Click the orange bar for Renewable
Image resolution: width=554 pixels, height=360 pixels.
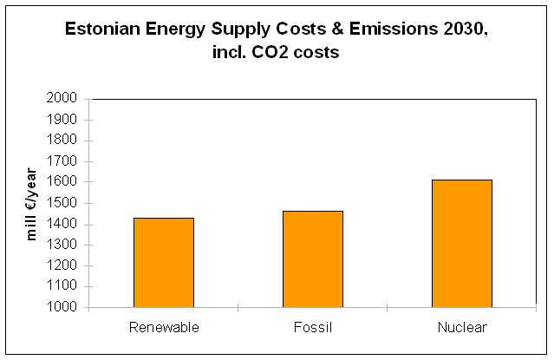(163, 262)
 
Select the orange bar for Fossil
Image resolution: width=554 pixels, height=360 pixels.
(312, 259)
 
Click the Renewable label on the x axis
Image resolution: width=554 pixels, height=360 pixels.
(164, 327)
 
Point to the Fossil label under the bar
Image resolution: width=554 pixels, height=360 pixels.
(313, 327)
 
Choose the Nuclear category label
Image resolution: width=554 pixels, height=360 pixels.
(462, 327)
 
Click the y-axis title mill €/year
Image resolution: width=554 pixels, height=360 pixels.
(32, 202)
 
